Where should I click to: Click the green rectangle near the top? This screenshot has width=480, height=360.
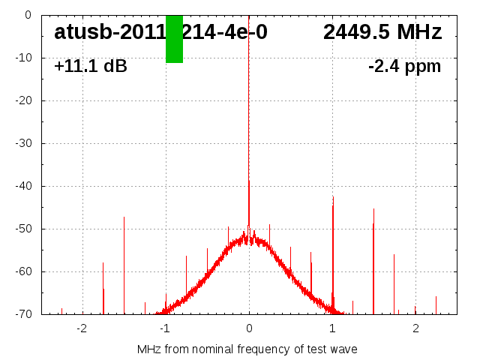click(174, 39)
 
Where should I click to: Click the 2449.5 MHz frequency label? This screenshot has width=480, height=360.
click(382, 32)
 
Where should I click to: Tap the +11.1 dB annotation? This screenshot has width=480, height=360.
click(91, 67)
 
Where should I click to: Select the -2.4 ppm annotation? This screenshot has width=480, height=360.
click(404, 67)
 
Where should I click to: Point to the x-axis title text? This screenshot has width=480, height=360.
click(247, 349)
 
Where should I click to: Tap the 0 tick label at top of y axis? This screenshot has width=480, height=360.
click(27, 15)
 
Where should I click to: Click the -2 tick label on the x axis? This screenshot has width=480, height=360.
click(82, 328)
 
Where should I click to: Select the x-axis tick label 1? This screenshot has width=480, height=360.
click(332, 328)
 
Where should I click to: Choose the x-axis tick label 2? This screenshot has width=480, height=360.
click(415, 328)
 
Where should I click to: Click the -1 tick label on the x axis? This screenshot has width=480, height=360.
click(165, 328)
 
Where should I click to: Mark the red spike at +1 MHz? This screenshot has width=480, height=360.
click(333, 247)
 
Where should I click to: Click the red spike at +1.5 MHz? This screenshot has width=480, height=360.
click(373, 255)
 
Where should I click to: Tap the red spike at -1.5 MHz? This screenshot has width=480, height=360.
click(124, 262)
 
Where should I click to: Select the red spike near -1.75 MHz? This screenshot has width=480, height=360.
click(103, 289)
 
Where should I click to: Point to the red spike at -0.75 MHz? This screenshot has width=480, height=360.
click(187, 281)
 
